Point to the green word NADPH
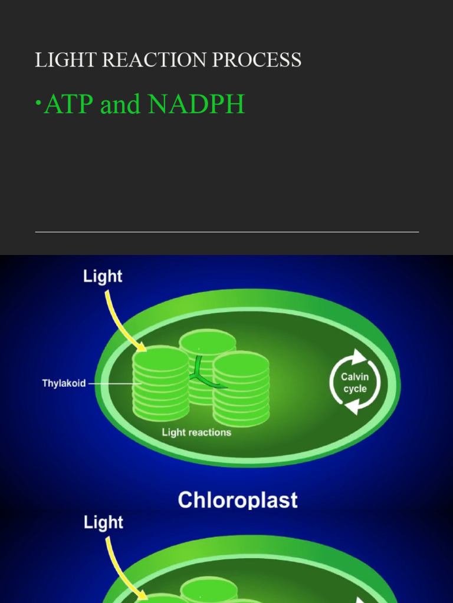(196, 105)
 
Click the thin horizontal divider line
(226, 232)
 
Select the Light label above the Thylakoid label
(103, 276)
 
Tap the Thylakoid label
(64, 383)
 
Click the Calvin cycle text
(355, 383)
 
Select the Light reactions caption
(196, 433)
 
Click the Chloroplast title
(238, 501)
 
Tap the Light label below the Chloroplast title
(103, 522)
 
